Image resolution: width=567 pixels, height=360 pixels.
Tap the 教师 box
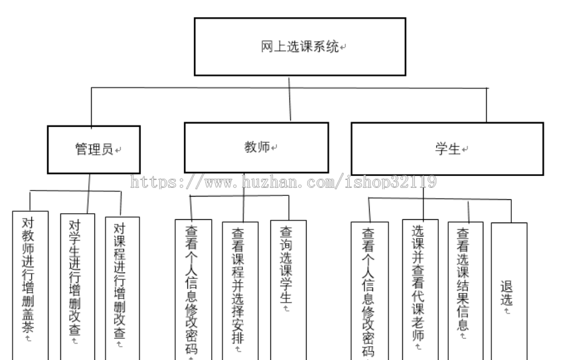click(x=256, y=147)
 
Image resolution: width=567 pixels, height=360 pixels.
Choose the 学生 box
click(x=447, y=149)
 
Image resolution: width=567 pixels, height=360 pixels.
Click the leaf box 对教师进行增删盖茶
click(x=28, y=279)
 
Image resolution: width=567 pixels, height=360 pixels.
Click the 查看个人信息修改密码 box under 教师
click(x=193, y=289)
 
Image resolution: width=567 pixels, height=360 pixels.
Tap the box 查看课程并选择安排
click(x=239, y=289)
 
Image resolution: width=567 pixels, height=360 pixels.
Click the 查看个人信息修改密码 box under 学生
click(x=369, y=289)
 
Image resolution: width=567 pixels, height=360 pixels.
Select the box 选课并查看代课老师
click(x=420, y=286)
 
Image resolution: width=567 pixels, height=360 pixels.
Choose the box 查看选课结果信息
click(x=465, y=286)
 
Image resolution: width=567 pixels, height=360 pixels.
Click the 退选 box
click(x=509, y=292)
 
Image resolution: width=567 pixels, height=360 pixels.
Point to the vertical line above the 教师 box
click(x=290, y=103)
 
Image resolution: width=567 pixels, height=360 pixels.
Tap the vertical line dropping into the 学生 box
click(x=487, y=104)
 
